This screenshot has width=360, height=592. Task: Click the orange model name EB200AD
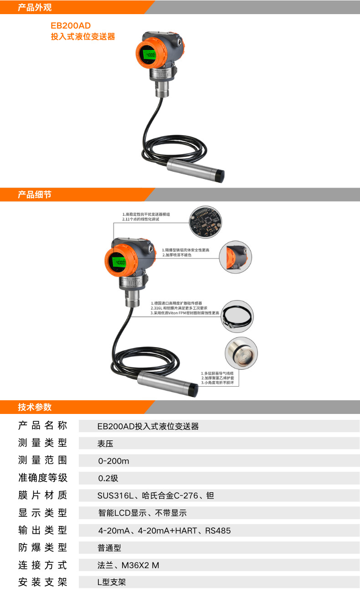[x=67, y=26]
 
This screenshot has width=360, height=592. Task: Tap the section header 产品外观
[x=35, y=7]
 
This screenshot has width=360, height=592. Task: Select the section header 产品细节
[x=35, y=195]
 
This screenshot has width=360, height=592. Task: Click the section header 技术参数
[x=35, y=407]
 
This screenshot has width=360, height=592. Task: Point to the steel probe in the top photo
[x=196, y=169]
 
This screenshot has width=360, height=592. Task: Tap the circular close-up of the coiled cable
[x=237, y=316]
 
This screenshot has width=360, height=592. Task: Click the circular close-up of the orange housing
[x=236, y=257]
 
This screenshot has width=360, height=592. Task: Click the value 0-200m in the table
[x=114, y=461]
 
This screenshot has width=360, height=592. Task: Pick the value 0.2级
[x=108, y=478]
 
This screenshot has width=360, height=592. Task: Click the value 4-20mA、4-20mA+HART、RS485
[x=165, y=531]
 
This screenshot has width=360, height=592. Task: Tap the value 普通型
[x=109, y=548]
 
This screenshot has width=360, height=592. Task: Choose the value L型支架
[x=112, y=582]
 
